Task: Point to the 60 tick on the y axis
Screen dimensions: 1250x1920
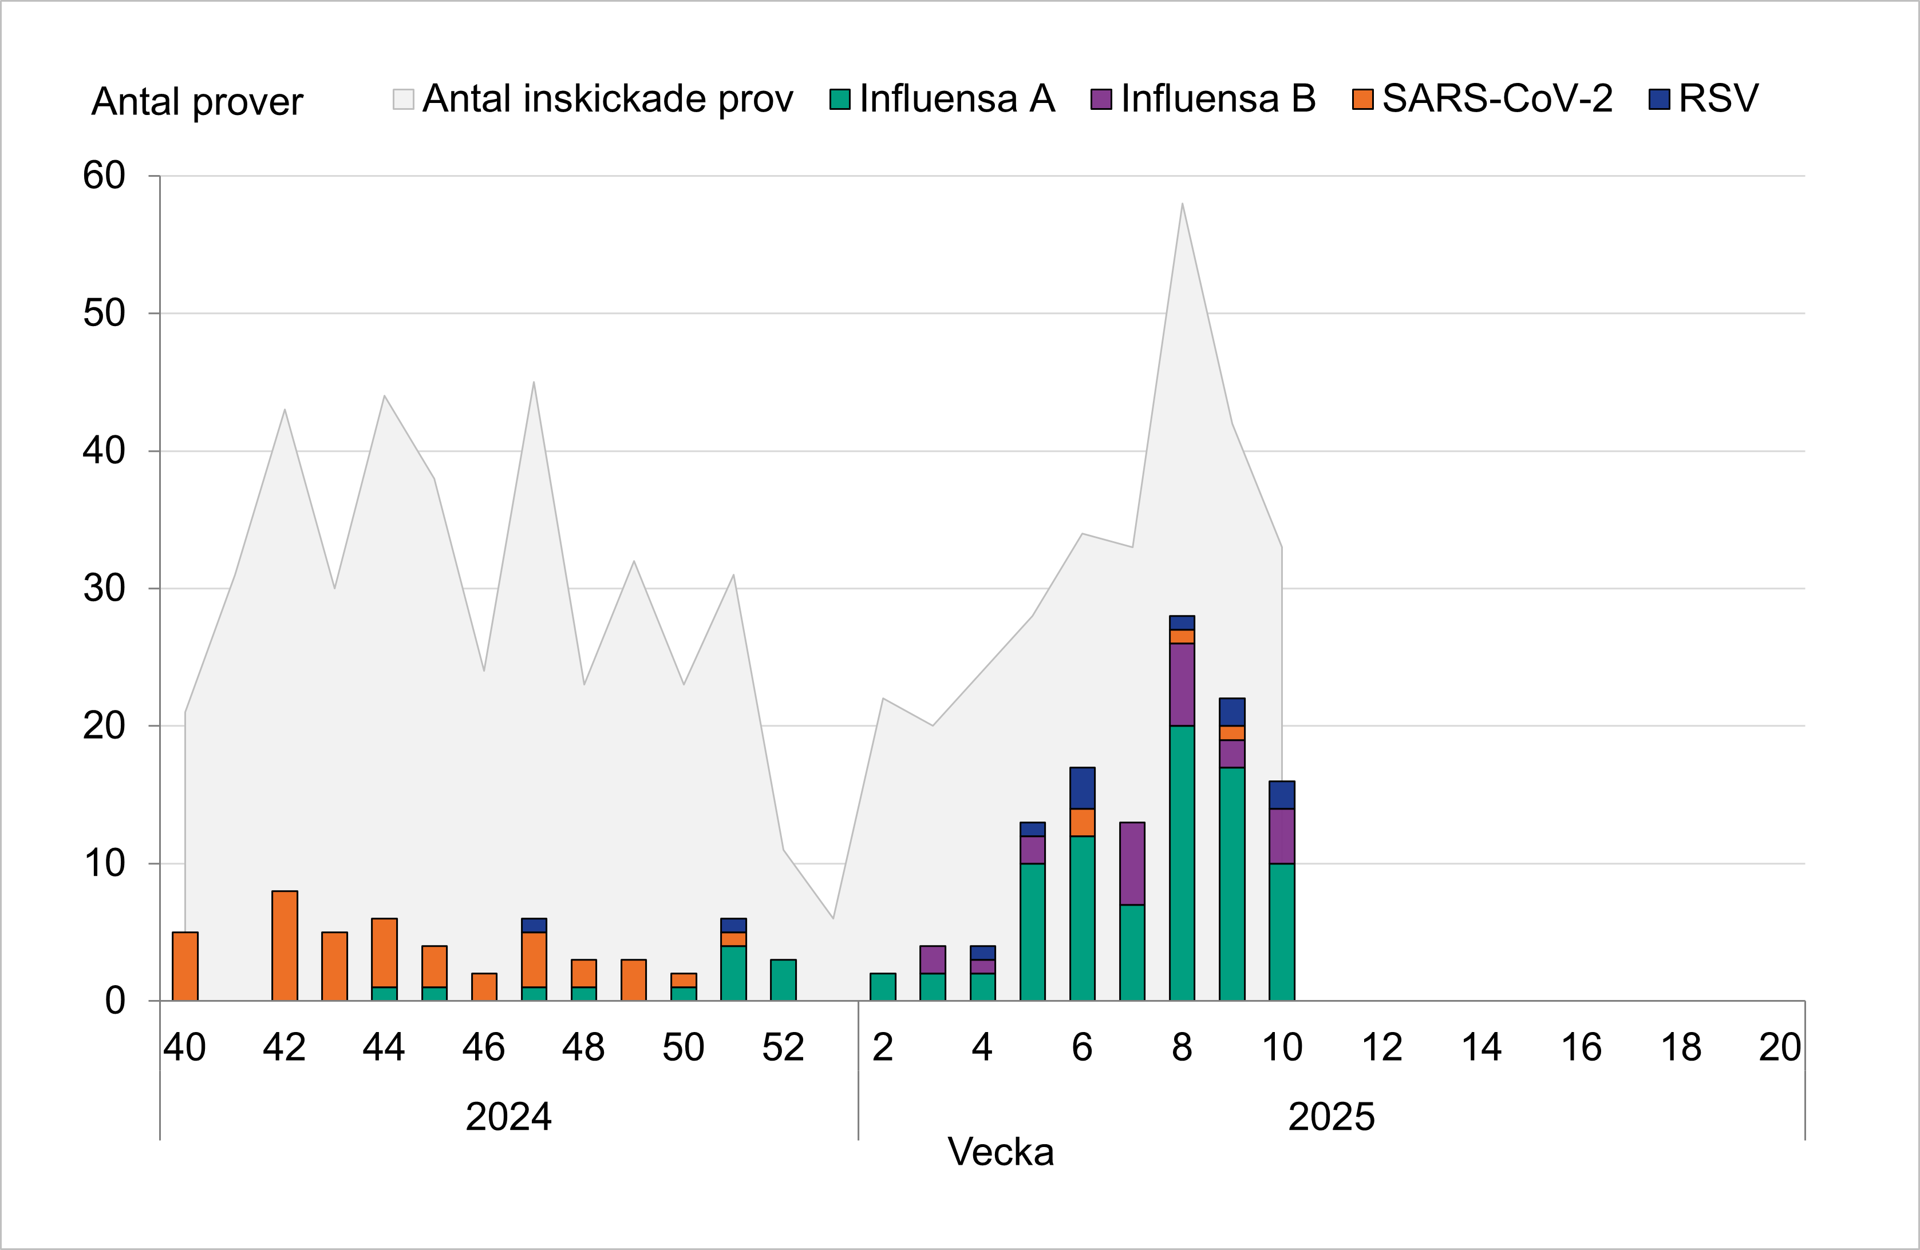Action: click(104, 176)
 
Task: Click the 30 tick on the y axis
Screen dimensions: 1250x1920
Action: click(104, 589)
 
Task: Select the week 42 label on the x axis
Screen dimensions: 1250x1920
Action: click(284, 1047)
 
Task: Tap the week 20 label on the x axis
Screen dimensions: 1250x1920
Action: click(1780, 1047)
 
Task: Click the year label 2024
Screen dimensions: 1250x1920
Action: click(508, 1117)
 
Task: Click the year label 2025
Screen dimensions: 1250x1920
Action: click(1331, 1117)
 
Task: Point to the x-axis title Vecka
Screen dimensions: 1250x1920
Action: click(1000, 1152)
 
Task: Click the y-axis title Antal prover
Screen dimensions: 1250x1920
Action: click(197, 102)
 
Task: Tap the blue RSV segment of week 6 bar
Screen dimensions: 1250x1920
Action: click(1082, 788)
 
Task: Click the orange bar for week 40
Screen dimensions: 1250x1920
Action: click(185, 966)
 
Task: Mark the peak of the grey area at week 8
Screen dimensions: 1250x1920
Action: click(1182, 204)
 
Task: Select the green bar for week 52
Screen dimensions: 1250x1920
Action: click(783, 980)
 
